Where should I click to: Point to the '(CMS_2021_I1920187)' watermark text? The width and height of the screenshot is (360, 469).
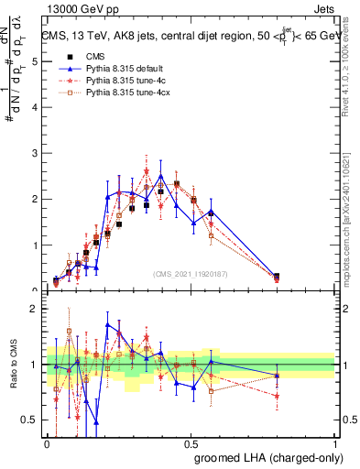(x=191, y=273)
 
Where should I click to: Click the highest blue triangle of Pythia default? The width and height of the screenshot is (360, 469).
(x=161, y=176)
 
